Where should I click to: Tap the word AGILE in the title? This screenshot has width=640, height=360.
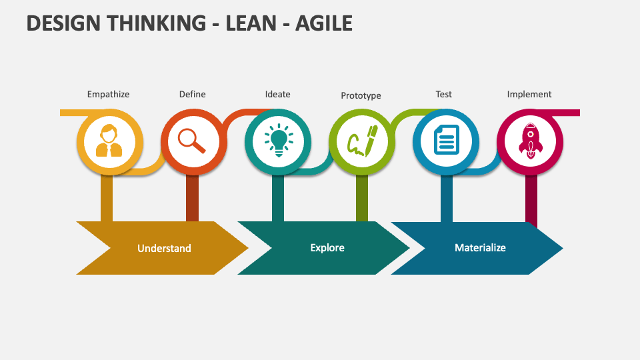tap(324, 23)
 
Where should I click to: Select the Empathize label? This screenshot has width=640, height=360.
tap(108, 94)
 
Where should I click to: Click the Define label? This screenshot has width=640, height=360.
tap(192, 94)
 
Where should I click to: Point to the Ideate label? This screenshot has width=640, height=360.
tap(277, 94)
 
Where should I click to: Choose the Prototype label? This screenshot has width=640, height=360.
tap(361, 95)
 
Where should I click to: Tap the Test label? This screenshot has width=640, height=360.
tap(444, 94)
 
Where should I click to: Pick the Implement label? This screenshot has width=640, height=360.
tap(529, 94)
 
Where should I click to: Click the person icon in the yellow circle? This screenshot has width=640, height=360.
tap(109, 141)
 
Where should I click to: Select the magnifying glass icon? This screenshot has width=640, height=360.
tap(192, 141)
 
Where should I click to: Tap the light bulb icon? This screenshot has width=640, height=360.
tap(279, 141)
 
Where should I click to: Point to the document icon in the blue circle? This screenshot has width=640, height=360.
tap(447, 140)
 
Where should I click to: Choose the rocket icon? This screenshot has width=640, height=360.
tap(531, 141)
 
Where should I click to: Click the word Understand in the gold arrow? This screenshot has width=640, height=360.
tap(164, 248)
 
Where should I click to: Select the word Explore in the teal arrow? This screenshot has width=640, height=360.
tap(327, 248)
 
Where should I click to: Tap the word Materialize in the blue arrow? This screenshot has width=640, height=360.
tap(481, 248)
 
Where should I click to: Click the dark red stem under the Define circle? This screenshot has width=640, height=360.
tap(192, 199)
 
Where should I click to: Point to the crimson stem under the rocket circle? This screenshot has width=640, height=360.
tap(531, 201)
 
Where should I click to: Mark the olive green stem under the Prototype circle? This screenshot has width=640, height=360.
tap(362, 199)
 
